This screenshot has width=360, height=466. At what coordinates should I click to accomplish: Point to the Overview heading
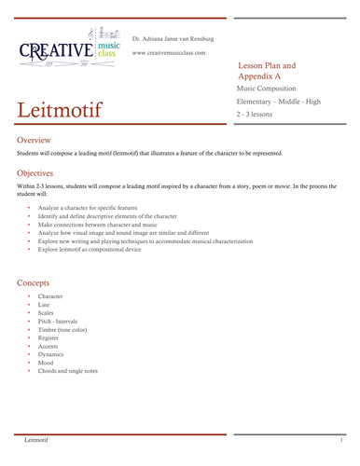pos(35,139)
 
